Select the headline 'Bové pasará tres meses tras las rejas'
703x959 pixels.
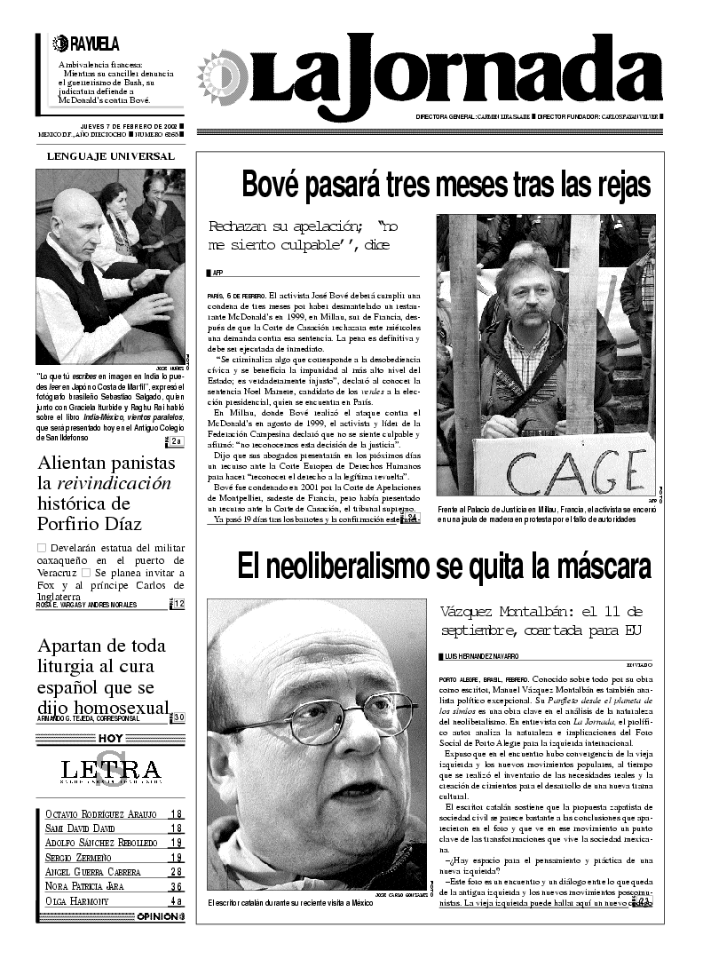(446, 186)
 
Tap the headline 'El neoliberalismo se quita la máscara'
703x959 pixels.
(444, 566)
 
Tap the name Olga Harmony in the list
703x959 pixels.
(77, 900)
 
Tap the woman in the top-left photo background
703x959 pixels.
(113, 209)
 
